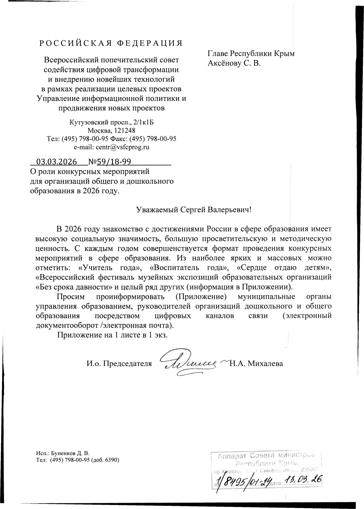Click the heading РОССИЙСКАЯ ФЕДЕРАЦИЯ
click(x=111, y=43)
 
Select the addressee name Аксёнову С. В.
click(x=234, y=63)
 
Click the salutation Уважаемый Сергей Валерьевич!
click(x=194, y=209)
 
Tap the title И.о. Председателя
click(x=119, y=364)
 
